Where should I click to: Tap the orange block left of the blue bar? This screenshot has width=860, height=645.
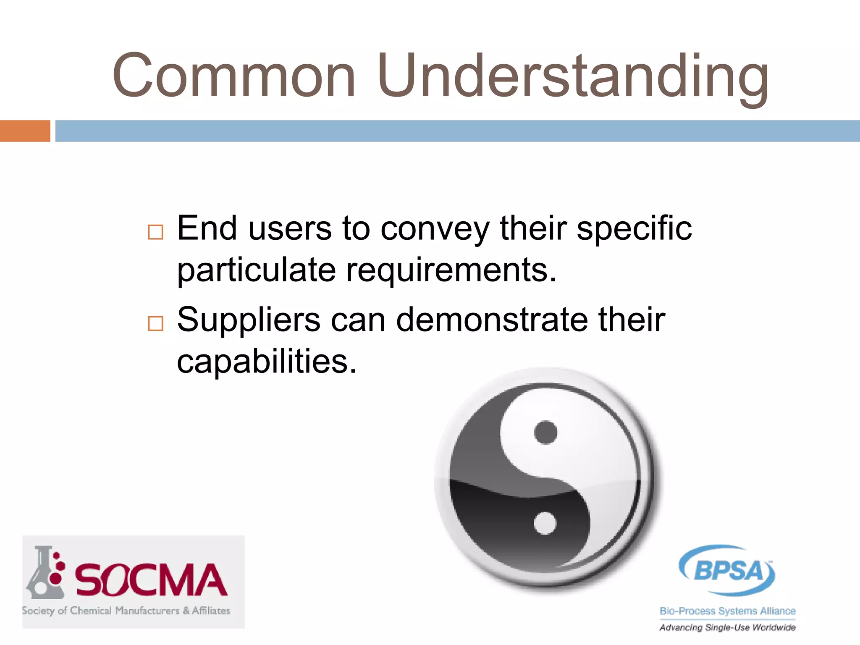point(25,131)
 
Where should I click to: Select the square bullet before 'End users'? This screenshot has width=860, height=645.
point(155,232)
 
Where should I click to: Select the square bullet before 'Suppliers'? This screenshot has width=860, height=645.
point(155,323)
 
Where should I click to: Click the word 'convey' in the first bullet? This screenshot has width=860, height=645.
point(435,229)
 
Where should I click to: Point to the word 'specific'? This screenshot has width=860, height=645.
point(634,229)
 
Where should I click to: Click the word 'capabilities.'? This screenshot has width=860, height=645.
point(267,361)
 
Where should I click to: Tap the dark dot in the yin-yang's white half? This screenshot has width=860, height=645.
point(545,432)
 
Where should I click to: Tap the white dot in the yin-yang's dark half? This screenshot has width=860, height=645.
point(545,524)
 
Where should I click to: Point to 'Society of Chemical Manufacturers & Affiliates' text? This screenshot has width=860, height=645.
point(126,611)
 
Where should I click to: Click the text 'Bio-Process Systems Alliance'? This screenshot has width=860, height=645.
point(727,611)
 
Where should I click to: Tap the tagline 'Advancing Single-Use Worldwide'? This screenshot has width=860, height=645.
point(727,627)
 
